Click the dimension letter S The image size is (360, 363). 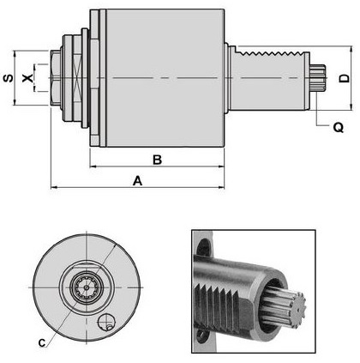(9, 78)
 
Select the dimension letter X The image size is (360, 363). (27, 78)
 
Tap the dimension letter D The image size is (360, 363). (345, 78)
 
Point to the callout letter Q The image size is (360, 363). (339, 127)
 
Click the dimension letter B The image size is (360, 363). (157, 160)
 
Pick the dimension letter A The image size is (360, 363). (137, 181)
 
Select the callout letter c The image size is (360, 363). (42, 342)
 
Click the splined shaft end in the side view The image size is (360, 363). (318, 77)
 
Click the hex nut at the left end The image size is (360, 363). (56, 78)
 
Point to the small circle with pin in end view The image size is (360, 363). (106, 322)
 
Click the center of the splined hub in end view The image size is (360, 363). (87, 287)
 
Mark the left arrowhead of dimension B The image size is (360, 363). (93, 166)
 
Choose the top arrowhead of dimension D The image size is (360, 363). (351, 49)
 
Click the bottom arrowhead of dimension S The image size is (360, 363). (15, 102)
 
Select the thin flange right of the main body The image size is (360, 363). (226, 78)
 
